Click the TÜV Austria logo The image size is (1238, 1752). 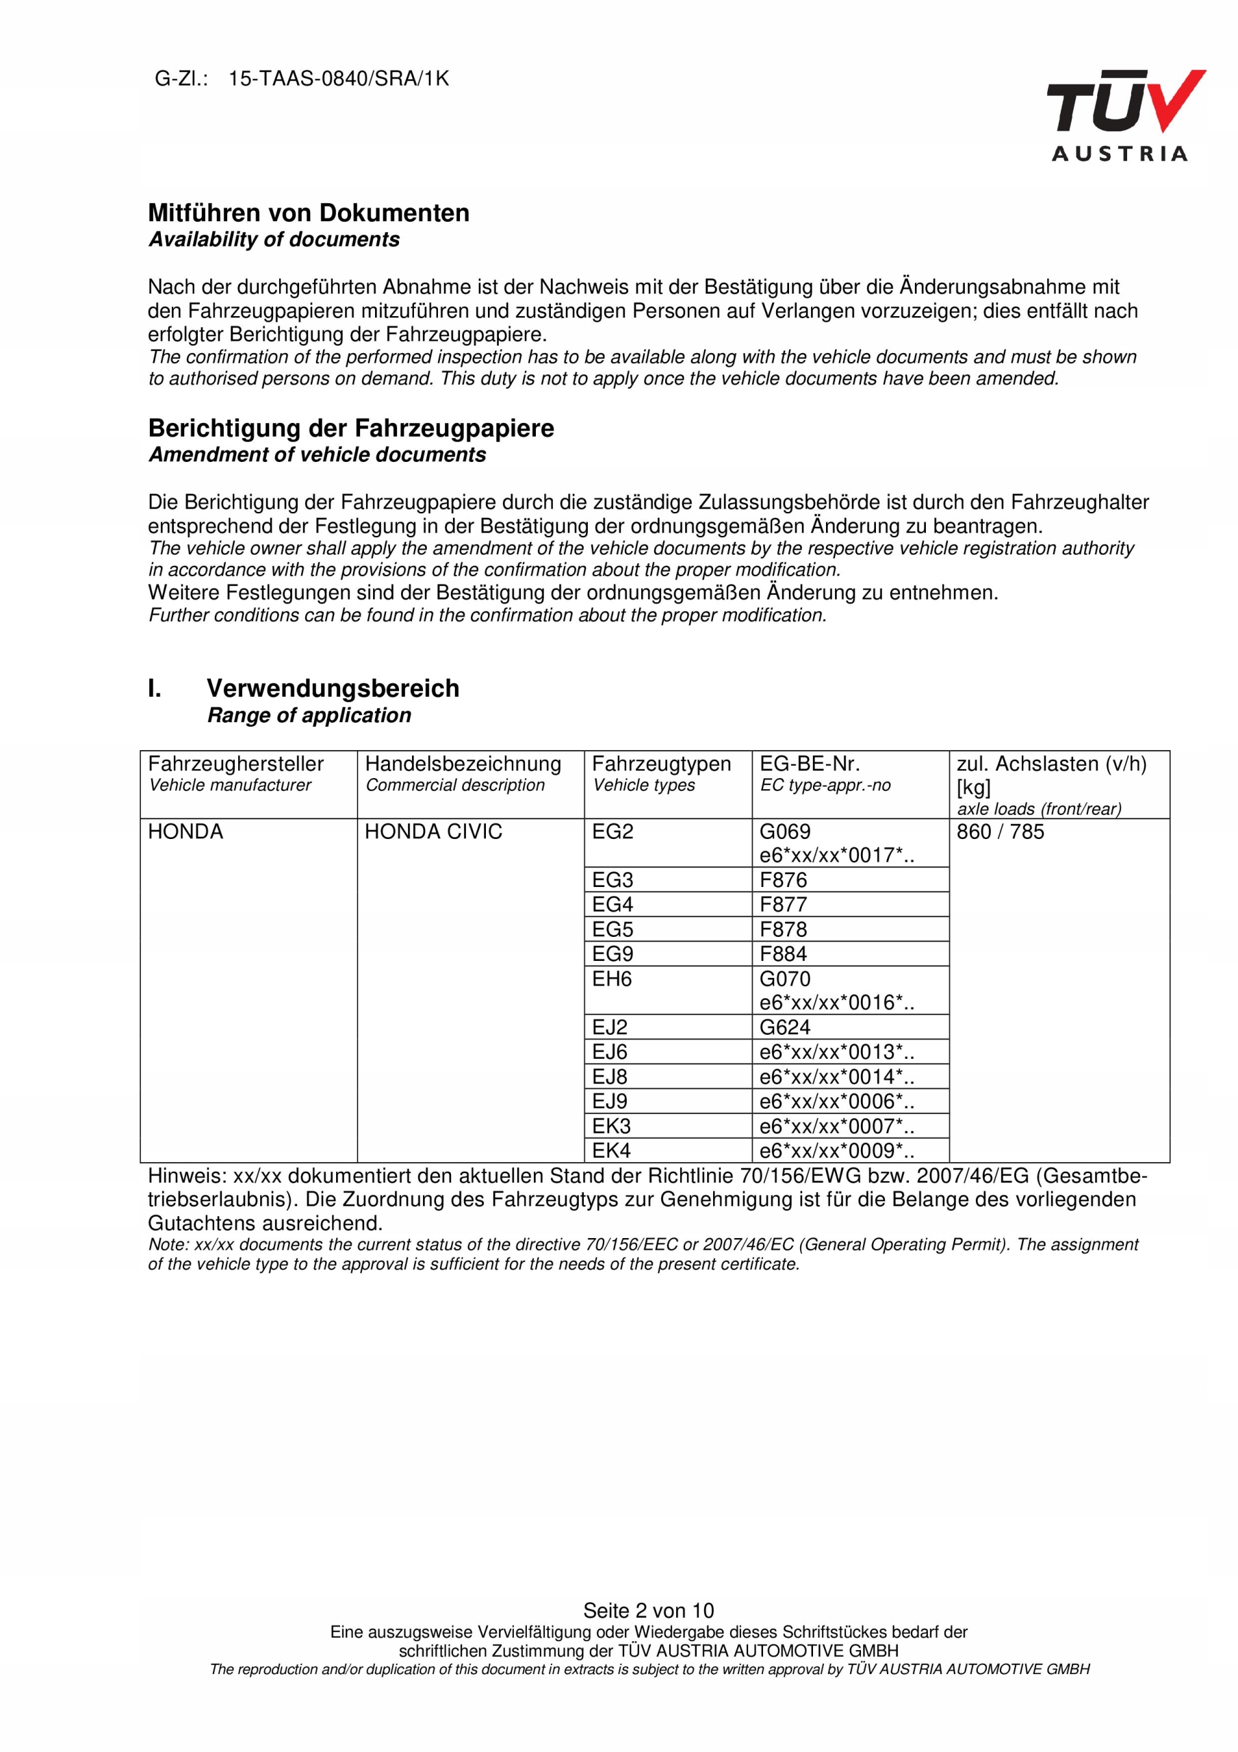coord(1124,115)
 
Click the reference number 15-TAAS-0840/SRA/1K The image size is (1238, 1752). coord(338,79)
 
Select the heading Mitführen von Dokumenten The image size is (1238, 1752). coord(309,213)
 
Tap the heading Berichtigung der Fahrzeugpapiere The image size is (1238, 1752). coord(350,428)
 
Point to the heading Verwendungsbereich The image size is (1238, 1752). coord(333,688)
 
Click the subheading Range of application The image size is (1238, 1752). coord(309,715)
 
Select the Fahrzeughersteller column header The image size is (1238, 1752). coord(236,764)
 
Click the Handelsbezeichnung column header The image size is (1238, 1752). coord(463,764)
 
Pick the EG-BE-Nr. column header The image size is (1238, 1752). coord(809,764)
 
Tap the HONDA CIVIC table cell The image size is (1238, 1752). coord(433,832)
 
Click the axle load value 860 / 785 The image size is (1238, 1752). coord(1000,832)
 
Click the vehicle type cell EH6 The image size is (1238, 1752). coord(611,979)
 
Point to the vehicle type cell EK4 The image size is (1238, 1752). coord(611,1150)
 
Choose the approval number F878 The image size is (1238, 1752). coord(783,929)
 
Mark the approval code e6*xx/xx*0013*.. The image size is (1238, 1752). coord(836,1053)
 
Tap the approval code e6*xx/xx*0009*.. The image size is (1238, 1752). coord(836,1150)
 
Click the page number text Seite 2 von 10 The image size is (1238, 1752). coord(648,1610)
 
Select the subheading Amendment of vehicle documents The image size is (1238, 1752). coord(317,455)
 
